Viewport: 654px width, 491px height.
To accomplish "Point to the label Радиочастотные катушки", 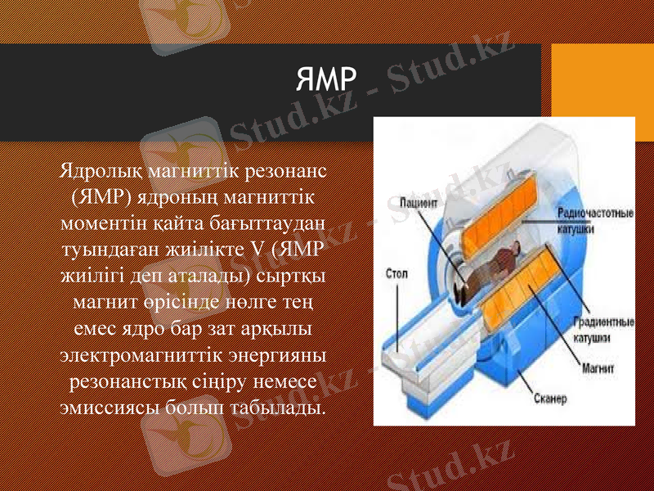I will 595,221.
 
